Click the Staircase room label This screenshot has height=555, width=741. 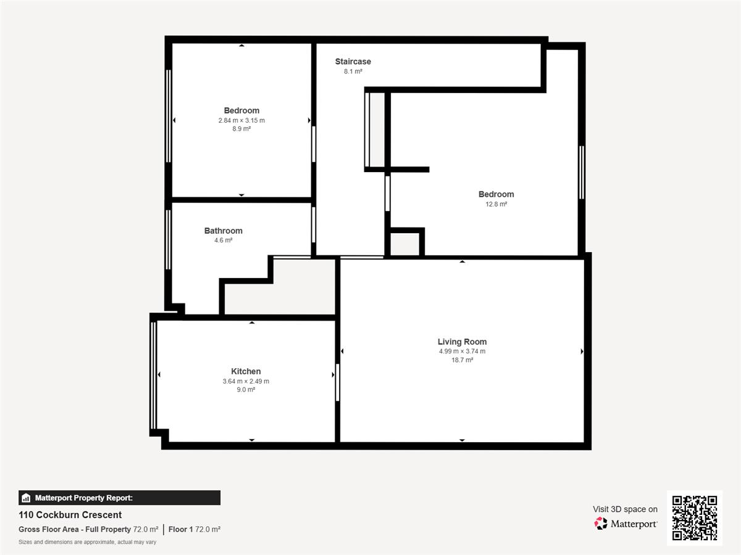(353, 62)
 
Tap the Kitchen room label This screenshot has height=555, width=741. (246, 371)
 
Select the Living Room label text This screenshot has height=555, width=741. (462, 342)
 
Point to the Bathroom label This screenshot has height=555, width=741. (223, 231)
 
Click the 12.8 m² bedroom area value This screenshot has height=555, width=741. (496, 204)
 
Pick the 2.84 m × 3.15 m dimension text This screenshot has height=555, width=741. (241, 120)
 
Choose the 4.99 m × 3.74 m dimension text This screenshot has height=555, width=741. (462, 351)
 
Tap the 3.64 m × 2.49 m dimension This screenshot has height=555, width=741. (246, 381)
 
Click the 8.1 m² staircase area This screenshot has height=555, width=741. (353, 72)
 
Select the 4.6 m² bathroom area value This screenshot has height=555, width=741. (223, 240)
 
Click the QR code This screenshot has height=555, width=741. (695, 517)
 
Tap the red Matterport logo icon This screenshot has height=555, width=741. (600, 524)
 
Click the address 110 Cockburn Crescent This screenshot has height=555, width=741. (70, 515)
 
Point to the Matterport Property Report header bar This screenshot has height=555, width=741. (120, 498)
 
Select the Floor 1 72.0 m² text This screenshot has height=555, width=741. (195, 529)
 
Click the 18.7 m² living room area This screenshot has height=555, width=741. (462, 360)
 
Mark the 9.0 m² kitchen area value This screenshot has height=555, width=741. (246, 390)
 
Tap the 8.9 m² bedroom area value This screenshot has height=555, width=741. (241, 129)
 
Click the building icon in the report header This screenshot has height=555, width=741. (26, 498)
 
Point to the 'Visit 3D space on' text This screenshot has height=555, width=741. (625, 509)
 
